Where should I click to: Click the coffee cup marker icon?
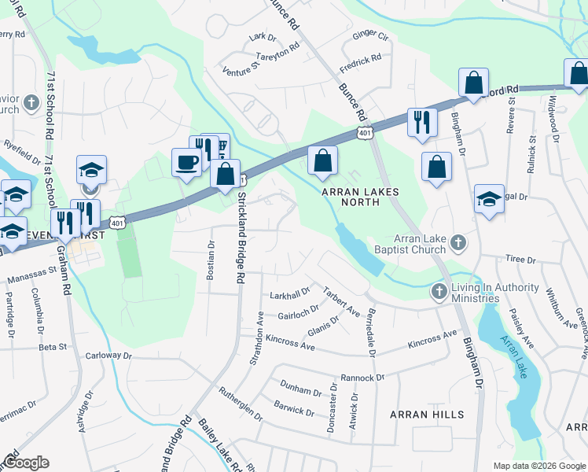186,162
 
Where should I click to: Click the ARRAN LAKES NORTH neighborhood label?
359,197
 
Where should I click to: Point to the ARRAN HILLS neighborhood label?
428,414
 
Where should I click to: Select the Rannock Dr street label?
362,378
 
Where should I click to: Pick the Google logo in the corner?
26,462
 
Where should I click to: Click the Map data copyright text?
540,466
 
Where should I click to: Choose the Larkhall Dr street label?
290,294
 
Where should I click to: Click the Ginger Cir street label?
371,35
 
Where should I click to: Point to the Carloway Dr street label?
108,356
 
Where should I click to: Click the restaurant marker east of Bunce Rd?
422,121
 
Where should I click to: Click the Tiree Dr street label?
520,259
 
